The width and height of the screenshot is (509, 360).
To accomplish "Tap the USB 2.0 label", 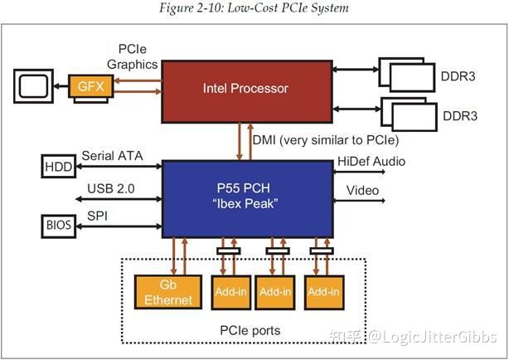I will [x=111, y=190].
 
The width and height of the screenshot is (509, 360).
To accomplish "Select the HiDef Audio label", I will [x=371, y=161].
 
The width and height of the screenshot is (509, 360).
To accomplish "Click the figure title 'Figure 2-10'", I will [x=254, y=8].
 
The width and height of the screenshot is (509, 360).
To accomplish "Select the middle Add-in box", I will [x=274, y=291].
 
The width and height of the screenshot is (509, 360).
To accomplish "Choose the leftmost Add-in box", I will [x=227, y=291].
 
